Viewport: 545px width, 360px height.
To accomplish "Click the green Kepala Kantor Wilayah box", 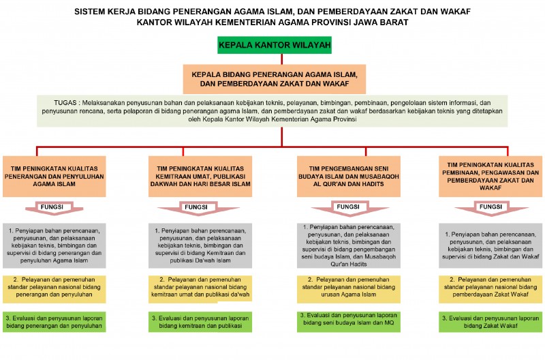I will [x=275, y=46].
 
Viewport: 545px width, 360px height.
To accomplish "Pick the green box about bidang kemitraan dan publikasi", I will [x=200, y=322].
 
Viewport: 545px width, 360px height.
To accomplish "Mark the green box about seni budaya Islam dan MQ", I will [x=348, y=319].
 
